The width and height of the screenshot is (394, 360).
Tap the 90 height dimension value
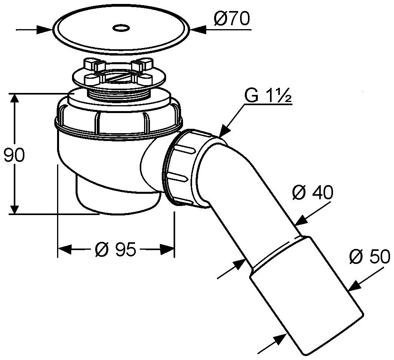pyautogui.click(x=14, y=156)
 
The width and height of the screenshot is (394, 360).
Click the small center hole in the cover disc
pyautogui.click(x=120, y=28)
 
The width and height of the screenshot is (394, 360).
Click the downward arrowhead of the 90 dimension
pyautogui.click(x=15, y=209)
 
